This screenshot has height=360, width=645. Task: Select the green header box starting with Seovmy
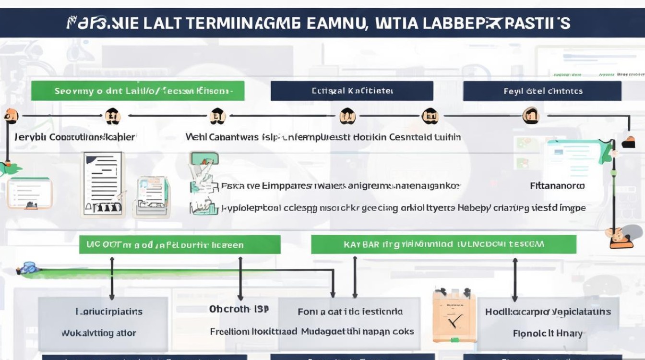137,91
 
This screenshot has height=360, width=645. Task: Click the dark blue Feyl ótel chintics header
542,91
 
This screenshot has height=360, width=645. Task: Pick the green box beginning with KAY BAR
443,244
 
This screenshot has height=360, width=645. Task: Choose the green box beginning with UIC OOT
179,244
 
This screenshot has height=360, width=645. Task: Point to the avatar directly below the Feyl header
530,116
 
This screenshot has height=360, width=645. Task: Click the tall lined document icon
103,183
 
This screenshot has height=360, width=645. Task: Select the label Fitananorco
557,185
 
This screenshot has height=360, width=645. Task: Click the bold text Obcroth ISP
239,309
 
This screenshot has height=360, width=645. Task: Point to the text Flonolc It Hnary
548,333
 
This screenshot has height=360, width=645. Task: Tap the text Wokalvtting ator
99,333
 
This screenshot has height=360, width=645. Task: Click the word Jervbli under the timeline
31,137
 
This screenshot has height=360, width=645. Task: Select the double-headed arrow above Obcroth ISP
240,279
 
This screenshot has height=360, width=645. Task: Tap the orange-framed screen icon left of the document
30,192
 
